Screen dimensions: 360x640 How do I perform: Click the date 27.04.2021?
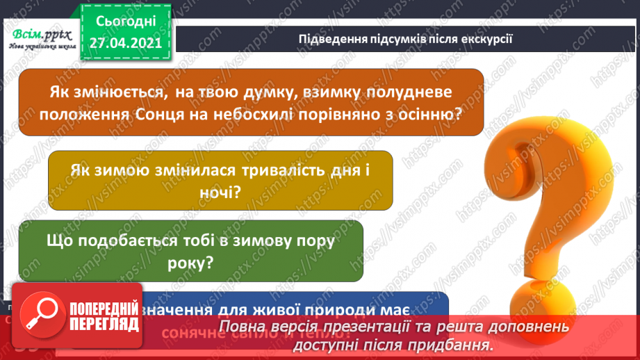[125, 42]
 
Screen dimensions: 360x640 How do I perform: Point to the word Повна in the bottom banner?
[241, 327]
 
